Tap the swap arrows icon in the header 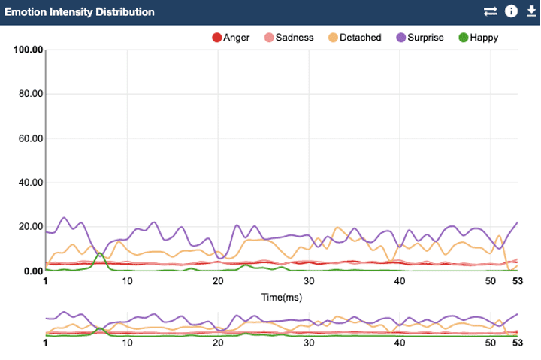(x=491, y=11)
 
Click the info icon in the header (x=512, y=11)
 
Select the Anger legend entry (x=231, y=38)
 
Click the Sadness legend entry (x=289, y=38)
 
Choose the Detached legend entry (x=355, y=38)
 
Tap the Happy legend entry (x=478, y=38)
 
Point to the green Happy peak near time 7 (x=100, y=254)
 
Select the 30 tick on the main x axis (x=309, y=281)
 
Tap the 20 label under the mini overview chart (x=218, y=343)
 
